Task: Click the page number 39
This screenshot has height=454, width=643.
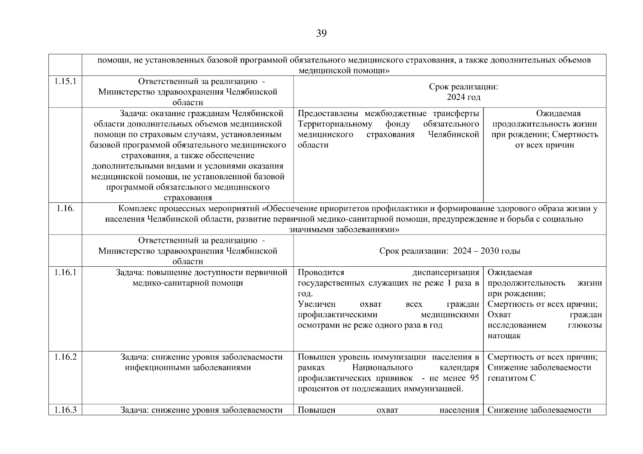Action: click(x=321, y=34)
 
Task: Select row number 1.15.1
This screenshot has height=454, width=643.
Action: click(x=65, y=81)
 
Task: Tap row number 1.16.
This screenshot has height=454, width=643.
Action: click(x=65, y=208)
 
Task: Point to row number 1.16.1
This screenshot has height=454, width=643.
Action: click(x=65, y=272)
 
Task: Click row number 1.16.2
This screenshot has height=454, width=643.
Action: click(x=65, y=357)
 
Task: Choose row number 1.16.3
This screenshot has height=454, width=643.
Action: click(x=65, y=410)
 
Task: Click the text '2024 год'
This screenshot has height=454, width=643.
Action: click(x=464, y=97)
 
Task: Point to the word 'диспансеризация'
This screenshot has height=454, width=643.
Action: click(x=446, y=272)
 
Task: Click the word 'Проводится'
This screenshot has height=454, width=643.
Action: click(x=321, y=272)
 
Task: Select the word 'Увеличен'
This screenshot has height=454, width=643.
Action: click(x=317, y=304)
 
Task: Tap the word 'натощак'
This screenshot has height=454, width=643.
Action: click(x=504, y=336)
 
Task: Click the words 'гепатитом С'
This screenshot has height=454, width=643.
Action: click(x=512, y=378)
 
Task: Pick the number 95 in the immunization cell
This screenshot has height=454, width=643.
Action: click(x=474, y=378)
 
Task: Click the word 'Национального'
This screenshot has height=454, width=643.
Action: click(x=382, y=367)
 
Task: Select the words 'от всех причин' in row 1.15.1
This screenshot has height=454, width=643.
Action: click(x=545, y=145)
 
